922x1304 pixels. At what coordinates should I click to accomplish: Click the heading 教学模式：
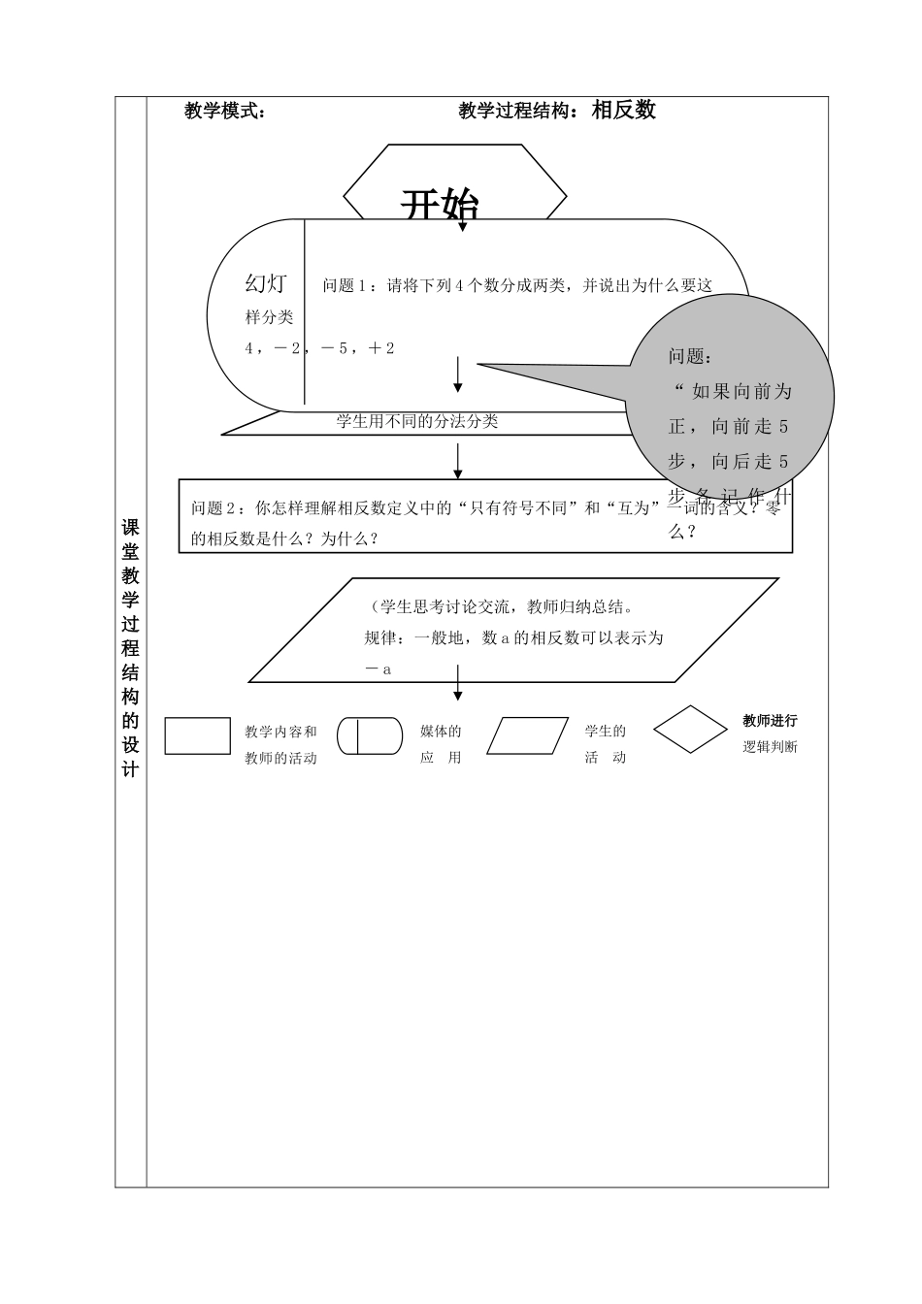pos(225,111)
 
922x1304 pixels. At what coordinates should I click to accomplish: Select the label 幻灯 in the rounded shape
pos(265,283)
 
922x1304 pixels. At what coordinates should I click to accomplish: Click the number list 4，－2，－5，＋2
pos(320,348)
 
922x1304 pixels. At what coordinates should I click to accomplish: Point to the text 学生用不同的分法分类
pos(417,421)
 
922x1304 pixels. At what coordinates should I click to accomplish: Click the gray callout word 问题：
pos(689,356)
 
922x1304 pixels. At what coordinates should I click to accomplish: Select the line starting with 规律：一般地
pos(513,637)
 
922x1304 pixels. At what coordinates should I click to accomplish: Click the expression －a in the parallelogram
pos(378,668)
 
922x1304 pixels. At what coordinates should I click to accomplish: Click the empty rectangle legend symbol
pos(198,735)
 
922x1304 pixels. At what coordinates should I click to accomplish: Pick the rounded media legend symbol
pos(370,735)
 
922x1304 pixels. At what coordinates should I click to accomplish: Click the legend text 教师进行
pos(770,721)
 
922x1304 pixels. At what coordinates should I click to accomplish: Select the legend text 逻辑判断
pos(770,747)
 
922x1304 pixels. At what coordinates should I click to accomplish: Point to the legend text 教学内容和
pos(280,732)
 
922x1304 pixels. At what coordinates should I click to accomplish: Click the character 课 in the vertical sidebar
pos(130,528)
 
